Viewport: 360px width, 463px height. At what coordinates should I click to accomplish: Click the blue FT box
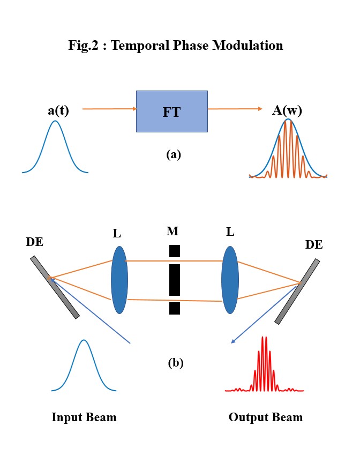tap(171, 111)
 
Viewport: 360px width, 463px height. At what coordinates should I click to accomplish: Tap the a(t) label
tap(58, 111)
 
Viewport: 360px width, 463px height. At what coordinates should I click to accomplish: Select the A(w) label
tap(287, 111)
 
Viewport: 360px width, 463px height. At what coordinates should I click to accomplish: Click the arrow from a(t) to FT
tap(110, 109)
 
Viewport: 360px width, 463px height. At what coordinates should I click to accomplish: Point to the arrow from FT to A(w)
tap(235, 109)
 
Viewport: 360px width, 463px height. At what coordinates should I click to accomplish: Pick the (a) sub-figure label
tap(174, 155)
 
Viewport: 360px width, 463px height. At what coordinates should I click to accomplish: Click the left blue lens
tap(119, 280)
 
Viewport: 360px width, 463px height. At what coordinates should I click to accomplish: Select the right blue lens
tap(230, 280)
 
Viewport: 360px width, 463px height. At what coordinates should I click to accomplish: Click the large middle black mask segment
tap(174, 279)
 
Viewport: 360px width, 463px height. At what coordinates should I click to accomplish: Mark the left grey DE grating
tap(55, 287)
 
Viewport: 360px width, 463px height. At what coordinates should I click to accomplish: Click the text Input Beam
tap(84, 417)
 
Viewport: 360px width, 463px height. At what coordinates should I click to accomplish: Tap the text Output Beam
tap(266, 417)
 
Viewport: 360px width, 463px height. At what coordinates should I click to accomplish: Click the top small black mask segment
tap(174, 251)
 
